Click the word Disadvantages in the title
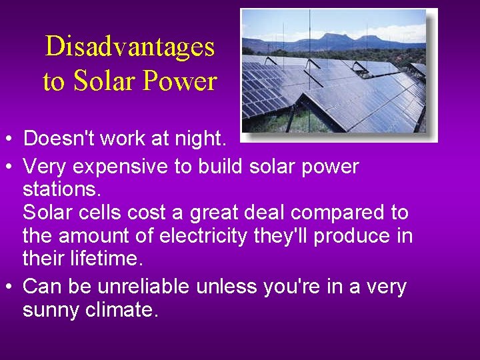129,47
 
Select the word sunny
55,311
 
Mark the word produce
354,237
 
